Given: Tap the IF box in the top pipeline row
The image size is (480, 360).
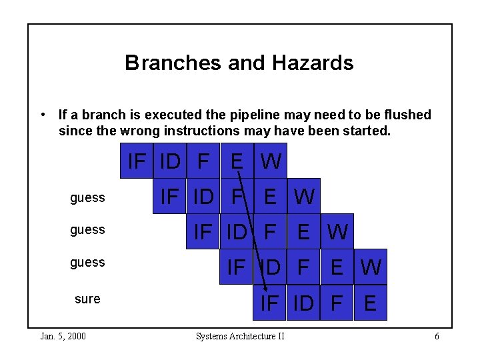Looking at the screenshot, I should (137, 161).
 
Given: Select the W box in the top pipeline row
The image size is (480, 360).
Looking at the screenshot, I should (271, 161).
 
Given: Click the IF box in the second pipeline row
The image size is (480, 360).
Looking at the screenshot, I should (170, 196).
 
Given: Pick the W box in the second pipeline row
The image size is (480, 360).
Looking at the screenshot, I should (304, 196).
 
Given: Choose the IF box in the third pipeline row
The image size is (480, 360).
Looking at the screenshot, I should (203, 231).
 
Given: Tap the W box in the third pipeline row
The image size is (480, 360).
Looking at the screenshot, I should (337, 231).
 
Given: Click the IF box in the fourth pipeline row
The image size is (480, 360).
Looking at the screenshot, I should (237, 267).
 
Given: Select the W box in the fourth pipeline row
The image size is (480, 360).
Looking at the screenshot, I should (371, 267).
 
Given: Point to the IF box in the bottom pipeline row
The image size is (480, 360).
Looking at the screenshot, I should (270, 303).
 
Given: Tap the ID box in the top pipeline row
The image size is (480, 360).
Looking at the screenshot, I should (170, 161).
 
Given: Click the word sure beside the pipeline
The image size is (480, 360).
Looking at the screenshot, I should (87, 299).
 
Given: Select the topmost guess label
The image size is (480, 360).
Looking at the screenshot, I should (87, 197).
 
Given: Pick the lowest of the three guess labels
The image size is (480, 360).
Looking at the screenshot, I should (87, 262).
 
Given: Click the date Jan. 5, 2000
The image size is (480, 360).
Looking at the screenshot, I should (63, 336).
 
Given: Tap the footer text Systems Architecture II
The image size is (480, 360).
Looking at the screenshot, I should (240, 336).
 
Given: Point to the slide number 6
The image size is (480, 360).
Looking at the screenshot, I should (437, 336).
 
